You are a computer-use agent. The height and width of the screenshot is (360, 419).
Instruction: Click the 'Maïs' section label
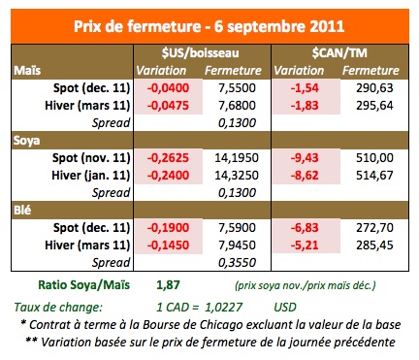tap(26, 70)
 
